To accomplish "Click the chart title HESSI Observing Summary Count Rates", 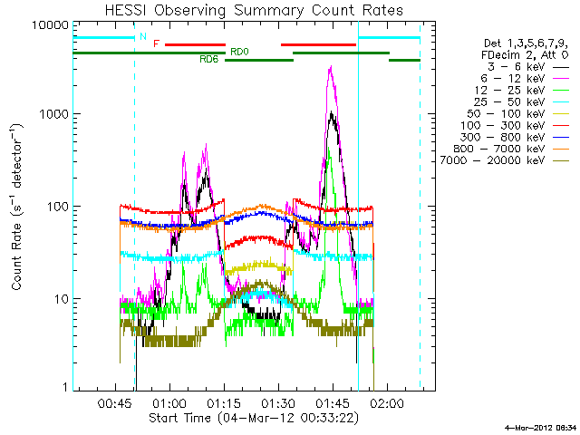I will (x=254, y=11).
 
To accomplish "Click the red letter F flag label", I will (x=157, y=43).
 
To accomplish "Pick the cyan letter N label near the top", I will (x=142, y=36).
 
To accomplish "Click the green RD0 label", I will (x=238, y=52).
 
